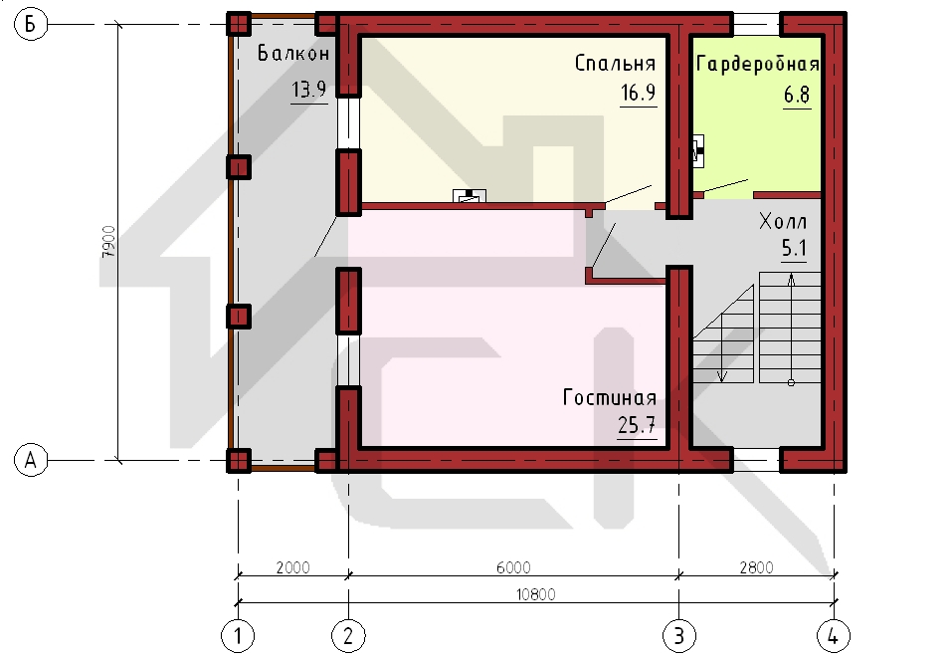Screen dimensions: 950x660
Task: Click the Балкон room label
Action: pyautogui.click(x=293, y=54)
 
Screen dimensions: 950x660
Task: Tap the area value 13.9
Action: pyautogui.click(x=309, y=90)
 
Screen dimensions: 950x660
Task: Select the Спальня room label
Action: pyautogui.click(x=615, y=63)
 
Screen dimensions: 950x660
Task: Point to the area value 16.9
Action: pyautogui.click(x=638, y=93)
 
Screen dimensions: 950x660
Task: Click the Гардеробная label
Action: pyautogui.click(x=758, y=64)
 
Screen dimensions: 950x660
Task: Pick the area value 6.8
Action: pyautogui.click(x=797, y=96)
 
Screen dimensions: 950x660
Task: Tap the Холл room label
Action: pyautogui.click(x=783, y=222)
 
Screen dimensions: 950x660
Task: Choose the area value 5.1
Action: pyautogui.click(x=794, y=248)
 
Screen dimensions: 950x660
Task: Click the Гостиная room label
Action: pyautogui.click(x=610, y=397)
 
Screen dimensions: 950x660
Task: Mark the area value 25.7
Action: pyautogui.click(x=637, y=425)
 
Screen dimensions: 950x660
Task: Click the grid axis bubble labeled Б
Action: pyautogui.click(x=30, y=24)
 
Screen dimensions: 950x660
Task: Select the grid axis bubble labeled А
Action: pyautogui.click(x=30, y=460)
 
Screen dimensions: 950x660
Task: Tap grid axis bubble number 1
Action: pyautogui.click(x=238, y=636)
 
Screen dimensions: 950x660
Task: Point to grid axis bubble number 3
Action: pyautogui.click(x=679, y=636)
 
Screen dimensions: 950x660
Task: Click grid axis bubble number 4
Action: pyautogui.click(x=834, y=636)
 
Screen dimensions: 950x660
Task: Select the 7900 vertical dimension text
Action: pyautogui.click(x=108, y=242)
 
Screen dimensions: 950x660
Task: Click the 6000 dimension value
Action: pyautogui.click(x=513, y=567)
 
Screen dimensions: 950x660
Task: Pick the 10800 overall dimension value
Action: pyautogui.click(x=535, y=594)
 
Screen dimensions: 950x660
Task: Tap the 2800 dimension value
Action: pyautogui.click(x=757, y=567)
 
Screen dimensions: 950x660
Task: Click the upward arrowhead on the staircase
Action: pyautogui.click(x=791, y=280)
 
